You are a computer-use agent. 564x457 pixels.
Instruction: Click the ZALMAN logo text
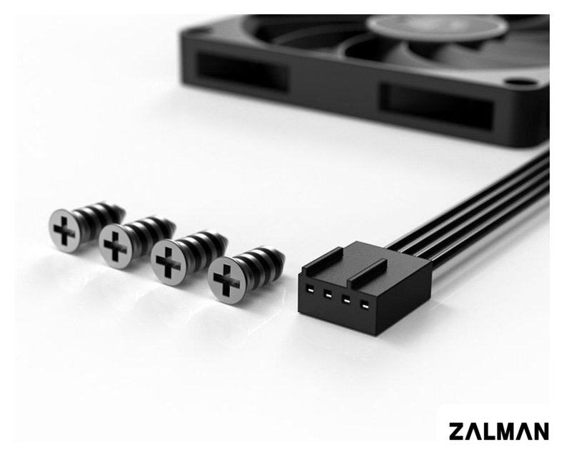(x=498, y=431)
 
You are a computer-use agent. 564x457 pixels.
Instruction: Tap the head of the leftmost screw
(x=65, y=231)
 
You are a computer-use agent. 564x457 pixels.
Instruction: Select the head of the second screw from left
(x=115, y=246)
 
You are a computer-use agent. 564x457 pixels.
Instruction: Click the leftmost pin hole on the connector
(x=309, y=289)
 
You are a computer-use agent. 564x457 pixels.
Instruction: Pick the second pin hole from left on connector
(x=327, y=295)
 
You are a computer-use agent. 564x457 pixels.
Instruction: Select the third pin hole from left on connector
(x=346, y=301)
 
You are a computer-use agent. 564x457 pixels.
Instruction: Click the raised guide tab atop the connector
(x=368, y=272)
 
